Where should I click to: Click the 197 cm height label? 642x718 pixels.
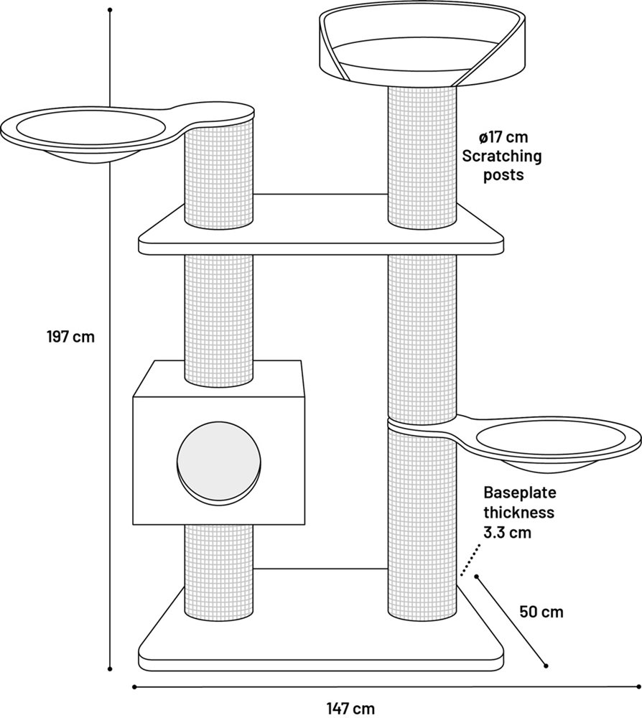click(x=70, y=337)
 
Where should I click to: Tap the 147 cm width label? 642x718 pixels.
click(x=350, y=709)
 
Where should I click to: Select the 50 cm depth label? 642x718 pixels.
click(x=541, y=612)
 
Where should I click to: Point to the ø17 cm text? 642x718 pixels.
click(x=503, y=137)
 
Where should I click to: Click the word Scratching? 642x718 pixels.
click(x=501, y=156)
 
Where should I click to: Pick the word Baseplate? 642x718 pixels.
click(x=520, y=493)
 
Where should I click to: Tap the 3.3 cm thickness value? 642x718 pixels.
click(x=508, y=532)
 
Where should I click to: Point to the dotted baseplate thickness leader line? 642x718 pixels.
click(x=470, y=559)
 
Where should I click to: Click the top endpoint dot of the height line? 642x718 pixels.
click(x=110, y=9)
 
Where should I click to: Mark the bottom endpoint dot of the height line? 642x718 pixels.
click(x=110, y=669)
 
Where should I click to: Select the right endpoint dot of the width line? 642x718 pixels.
click(x=639, y=686)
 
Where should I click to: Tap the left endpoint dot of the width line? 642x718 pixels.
click(x=134, y=686)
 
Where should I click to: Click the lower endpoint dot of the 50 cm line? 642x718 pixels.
click(x=545, y=666)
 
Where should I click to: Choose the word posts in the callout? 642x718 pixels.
click(x=503, y=175)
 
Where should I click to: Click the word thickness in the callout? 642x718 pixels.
click(x=518, y=513)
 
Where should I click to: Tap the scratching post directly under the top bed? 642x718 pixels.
click(x=422, y=156)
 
